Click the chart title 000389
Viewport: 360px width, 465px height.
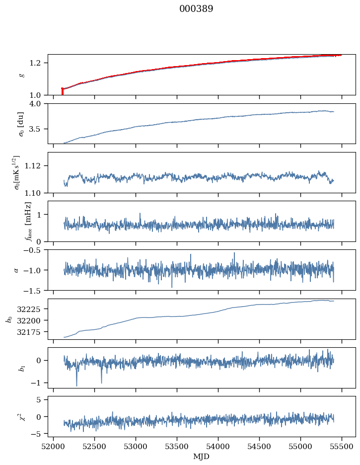pyautogui.click(x=196, y=9)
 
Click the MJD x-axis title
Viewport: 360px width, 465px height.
pyautogui.click(x=202, y=456)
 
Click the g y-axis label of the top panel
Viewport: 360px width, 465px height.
pyautogui.click(x=21, y=75)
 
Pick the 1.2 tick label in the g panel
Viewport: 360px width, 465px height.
pyautogui.click(x=39, y=63)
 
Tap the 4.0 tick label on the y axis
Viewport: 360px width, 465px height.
pyautogui.click(x=39, y=103)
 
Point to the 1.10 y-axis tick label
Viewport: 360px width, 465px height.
pyautogui.click(x=37, y=192)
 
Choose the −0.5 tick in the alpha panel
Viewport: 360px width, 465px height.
pyautogui.click(x=35, y=250)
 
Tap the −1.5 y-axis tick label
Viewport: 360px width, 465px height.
pyautogui.click(x=35, y=290)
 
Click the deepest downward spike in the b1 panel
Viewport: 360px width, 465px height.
pyautogui.click(x=76, y=386)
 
